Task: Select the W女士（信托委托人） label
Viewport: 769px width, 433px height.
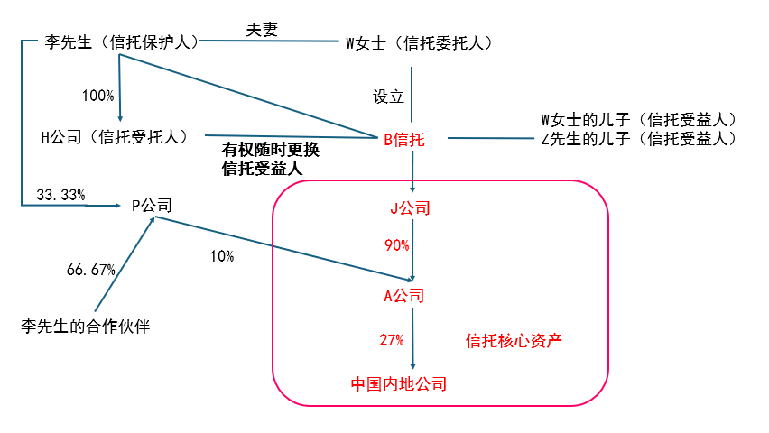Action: tap(420, 42)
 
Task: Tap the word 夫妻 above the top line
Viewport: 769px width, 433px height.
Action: tap(262, 28)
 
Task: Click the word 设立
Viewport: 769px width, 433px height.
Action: tap(389, 96)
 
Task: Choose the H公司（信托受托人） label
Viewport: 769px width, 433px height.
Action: tap(115, 136)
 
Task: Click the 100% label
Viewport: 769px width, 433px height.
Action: tap(97, 95)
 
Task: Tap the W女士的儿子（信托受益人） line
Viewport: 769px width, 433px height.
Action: tap(640, 120)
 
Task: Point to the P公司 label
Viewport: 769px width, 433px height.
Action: tap(152, 205)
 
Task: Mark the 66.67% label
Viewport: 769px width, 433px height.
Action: tap(91, 269)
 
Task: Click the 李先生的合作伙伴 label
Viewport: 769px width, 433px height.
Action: tap(85, 326)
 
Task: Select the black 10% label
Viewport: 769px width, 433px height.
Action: tap(221, 256)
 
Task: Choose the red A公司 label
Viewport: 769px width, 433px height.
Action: tap(403, 295)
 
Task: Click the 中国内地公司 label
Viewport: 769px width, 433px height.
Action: tap(399, 383)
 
